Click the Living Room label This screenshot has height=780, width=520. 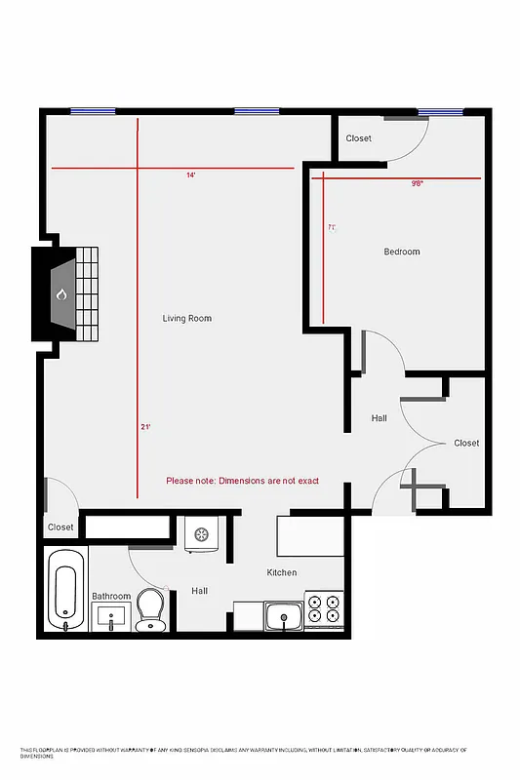coord(186,319)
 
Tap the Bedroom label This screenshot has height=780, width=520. coord(401,252)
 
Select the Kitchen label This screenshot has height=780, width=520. coord(282,572)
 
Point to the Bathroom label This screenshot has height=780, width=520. coord(111,596)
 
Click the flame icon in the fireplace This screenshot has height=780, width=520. coord(60,293)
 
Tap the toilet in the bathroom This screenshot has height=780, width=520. coord(151,608)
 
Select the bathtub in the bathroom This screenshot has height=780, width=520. coord(65,589)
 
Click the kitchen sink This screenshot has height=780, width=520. coord(283,616)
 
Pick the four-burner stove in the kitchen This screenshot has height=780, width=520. coord(324,608)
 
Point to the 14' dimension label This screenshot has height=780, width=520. coord(191,175)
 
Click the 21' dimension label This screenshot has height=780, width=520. coord(145,427)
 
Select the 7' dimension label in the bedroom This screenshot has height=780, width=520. coord(332,228)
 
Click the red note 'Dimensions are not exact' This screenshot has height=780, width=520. coord(242,480)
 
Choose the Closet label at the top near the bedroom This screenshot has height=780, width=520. coord(358,138)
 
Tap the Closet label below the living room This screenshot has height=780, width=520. coord(60,527)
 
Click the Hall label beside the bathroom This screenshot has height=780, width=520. coord(199,591)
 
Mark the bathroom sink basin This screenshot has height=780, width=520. coord(110,617)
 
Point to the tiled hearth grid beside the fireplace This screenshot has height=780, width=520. coord(87,292)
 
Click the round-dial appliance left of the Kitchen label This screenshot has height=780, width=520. coord(203,535)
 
